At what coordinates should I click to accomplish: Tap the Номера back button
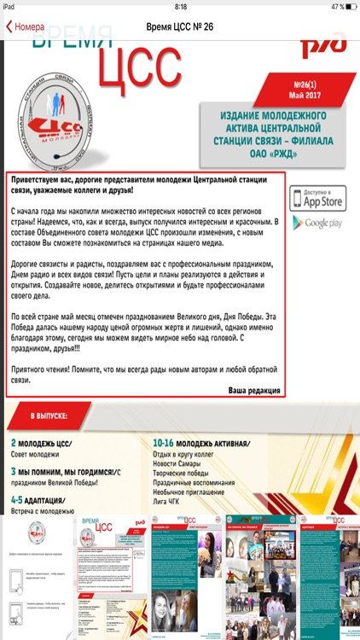point(26,26)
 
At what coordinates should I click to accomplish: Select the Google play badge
point(318,223)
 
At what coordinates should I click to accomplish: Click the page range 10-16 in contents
point(165,442)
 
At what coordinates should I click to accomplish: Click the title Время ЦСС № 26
point(180,26)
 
